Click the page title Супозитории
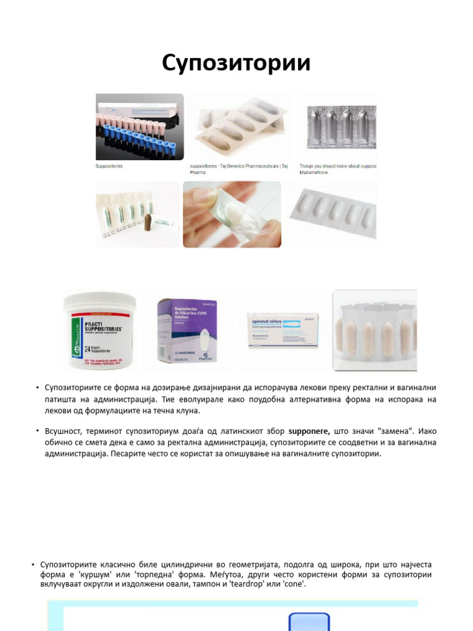[236, 63]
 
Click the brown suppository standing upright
[149, 224]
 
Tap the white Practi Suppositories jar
[99, 333]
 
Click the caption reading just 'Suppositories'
[109, 166]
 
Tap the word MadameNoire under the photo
[313, 173]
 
